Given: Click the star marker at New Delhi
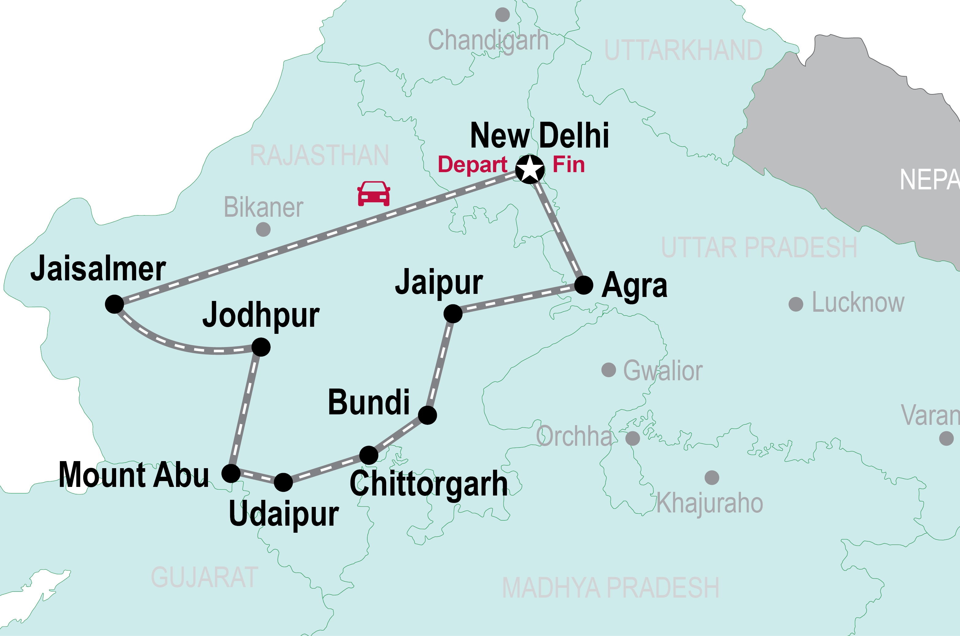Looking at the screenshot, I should pyautogui.click(x=530, y=169).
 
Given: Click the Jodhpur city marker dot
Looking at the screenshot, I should pyautogui.click(x=261, y=347).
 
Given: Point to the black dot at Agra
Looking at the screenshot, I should pyautogui.click(x=584, y=286).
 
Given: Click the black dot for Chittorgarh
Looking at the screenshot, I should pyautogui.click(x=369, y=455).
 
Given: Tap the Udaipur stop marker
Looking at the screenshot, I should pyautogui.click(x=283, y=482).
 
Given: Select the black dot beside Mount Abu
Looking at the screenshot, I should pyautogui.click(x=231, y=473).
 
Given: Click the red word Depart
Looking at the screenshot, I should pyautogui.click(x=472, y=165).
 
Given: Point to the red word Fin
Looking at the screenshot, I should pyautogui.click(x=569, y=165).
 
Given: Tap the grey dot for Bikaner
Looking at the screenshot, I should pyautogui.click(x=263, y=230).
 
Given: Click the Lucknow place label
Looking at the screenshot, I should pyautogui.click(x=858, y=302).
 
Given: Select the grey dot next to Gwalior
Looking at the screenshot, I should pyautogui.click(x=609, y=370).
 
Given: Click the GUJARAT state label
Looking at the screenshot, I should pyautogui.click(x=205, y=578).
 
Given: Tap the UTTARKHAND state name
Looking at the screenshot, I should pyautogui.click(x=683, y=50).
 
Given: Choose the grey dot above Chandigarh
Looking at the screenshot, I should pyautogui.click(x=503, y=15).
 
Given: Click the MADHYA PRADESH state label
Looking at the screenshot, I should pyautogui.click(x=610, y=588).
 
